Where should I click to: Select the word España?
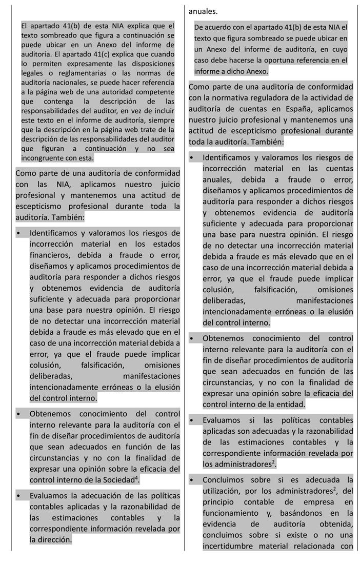tap(276, 109)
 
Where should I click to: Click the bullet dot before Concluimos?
tap(191, 480)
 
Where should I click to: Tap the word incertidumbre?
tap(228, 546)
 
